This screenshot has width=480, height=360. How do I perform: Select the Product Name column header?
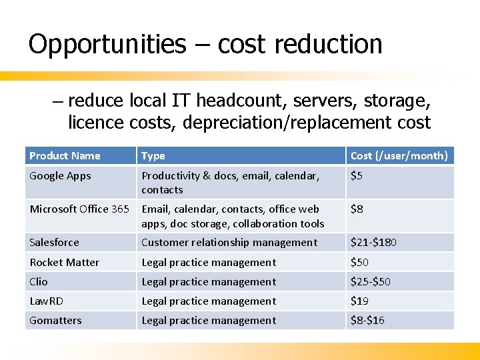point(65,156)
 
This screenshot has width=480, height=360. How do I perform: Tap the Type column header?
point(153,156)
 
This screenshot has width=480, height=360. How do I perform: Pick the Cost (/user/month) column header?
point(399,156)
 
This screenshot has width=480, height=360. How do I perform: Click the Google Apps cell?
point(60,176)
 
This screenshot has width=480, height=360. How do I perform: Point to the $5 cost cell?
point(357,176)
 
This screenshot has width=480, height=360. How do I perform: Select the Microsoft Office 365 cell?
point(79,209)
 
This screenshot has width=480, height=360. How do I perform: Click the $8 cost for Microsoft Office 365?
point(357,209)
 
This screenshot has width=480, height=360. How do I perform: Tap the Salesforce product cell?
point(54,243)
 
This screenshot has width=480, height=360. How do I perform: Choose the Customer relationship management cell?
point(229,243)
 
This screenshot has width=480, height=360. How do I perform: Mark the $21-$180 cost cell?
point(373,243)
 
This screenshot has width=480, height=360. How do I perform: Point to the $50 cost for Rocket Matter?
point(359,263)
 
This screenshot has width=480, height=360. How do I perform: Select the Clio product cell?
point(39,282)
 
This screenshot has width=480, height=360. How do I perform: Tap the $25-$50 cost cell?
point(371,282)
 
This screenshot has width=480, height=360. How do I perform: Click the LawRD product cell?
point(46,301)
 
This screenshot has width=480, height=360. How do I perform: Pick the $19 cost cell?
point(359,301)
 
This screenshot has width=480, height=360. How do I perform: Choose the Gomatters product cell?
point(55,321)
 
